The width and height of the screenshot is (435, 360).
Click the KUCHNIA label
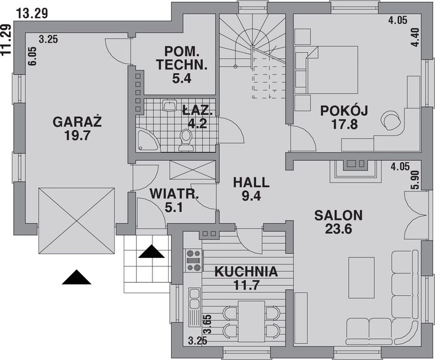(x=246, y=272)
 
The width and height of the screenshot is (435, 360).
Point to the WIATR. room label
(x=174, y=194)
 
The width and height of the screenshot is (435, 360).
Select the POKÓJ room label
(x=344, y=110)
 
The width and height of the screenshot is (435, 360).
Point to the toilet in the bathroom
(x=186, y=140)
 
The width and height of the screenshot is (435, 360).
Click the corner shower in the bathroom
(x=145, y=140)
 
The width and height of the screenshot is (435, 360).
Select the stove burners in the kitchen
(x=193, y=261)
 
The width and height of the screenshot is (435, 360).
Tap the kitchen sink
(x=194, y=294)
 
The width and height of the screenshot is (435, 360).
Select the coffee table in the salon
(x=361, y=277)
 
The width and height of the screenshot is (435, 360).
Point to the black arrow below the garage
(x=76, y=277)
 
